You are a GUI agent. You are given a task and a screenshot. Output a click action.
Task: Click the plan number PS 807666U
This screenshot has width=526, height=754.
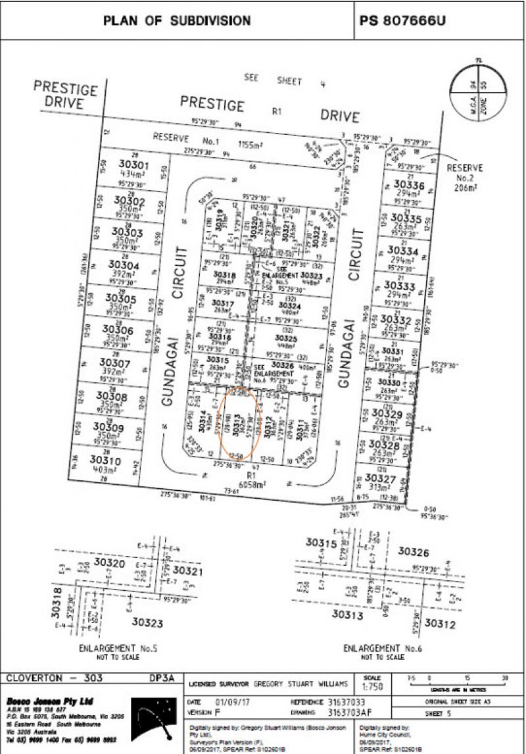[x=402, y=21]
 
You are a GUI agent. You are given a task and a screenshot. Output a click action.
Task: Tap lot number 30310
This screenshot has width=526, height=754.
[x=106, y=459]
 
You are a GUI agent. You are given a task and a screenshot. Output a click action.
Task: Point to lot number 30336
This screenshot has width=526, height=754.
[x=406, y=186]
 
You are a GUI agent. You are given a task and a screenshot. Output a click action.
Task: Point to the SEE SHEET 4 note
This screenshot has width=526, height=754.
[x=281, y=80]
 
